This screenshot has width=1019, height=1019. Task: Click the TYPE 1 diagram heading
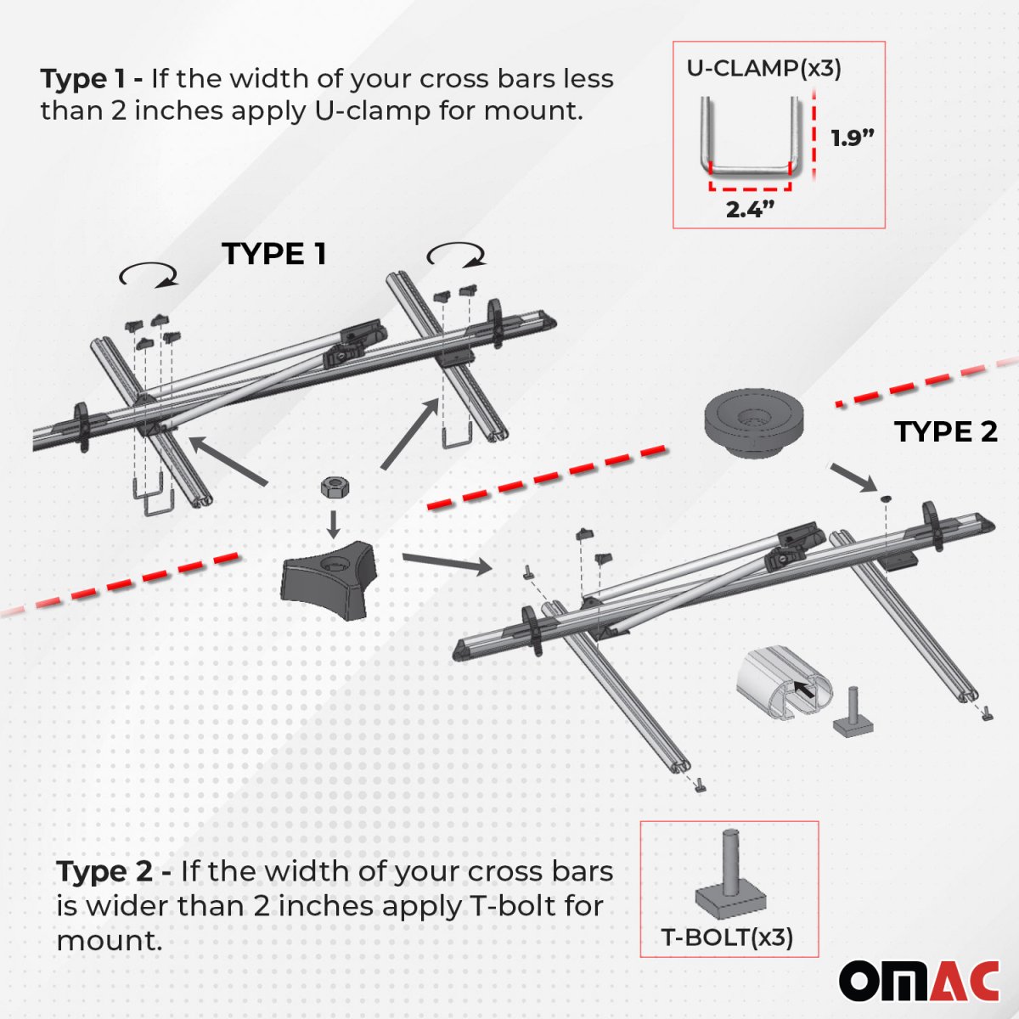274,254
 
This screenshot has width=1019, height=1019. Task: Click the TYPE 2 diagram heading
945,431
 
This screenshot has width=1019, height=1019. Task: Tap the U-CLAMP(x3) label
763,69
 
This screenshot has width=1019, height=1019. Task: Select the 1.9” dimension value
852,138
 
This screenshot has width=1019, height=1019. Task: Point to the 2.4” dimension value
751,210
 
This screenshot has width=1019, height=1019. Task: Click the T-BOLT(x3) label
727,937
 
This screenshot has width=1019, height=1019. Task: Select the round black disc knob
754,424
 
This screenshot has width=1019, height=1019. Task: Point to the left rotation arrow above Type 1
148,274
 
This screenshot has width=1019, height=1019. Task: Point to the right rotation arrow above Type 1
455,254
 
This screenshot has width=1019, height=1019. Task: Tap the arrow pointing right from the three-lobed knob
447,563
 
